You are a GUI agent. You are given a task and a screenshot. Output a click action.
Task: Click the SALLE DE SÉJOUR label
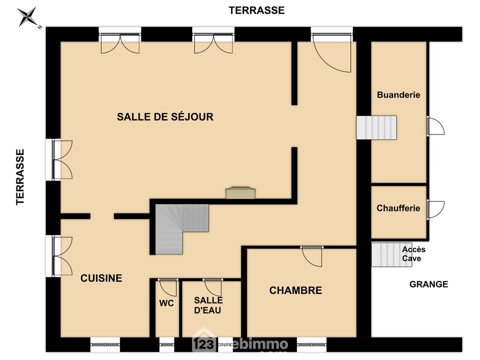click(165, 116)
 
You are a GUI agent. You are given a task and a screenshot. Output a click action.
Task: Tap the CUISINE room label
click(101, 278)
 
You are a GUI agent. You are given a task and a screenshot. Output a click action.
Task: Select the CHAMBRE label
click(295, 290)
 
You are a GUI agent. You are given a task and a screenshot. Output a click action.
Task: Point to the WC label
click(166, 303)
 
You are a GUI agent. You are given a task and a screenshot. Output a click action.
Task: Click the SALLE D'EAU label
click(208, 305)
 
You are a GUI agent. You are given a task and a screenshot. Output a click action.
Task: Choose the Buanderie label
click(398, 95)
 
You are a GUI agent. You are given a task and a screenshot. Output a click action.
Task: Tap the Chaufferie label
click(398, 208)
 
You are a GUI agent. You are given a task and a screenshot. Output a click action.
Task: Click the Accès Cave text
click(413, 254)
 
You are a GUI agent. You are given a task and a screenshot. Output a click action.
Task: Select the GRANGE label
click(428, 284)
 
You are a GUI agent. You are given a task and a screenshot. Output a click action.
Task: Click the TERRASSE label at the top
click(257, 10)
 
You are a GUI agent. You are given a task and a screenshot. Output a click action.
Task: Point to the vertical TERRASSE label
click(20, 177)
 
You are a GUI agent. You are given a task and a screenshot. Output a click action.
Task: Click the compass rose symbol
click(28, 17)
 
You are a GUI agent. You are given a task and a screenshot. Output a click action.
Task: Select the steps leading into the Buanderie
click(376, 127)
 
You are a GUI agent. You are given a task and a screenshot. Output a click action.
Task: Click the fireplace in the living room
click(240, 193)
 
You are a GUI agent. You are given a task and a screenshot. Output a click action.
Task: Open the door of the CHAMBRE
click(312, 256)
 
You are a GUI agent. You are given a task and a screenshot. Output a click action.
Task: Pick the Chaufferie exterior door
click(435, 209)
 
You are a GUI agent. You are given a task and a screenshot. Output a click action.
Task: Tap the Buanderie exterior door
click(435, 126)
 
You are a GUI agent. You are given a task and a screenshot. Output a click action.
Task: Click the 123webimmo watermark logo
click(240, 343)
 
